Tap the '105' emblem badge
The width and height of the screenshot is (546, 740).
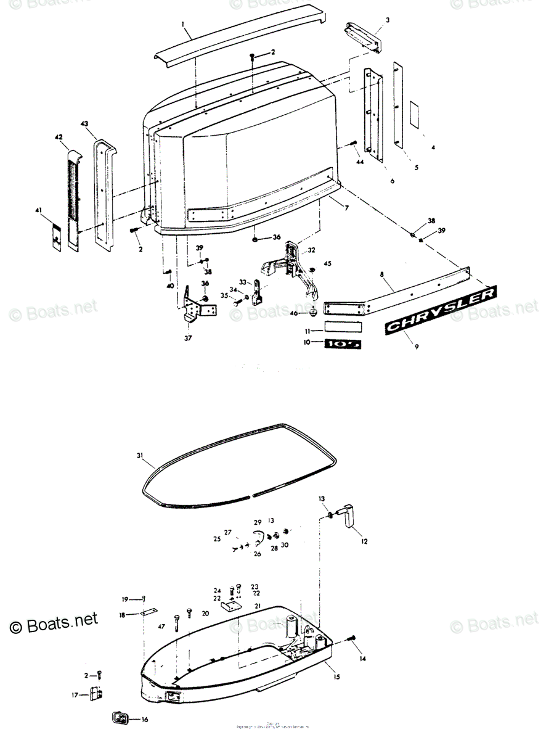(x=343, y=342)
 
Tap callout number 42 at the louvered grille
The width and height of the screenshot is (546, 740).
(x=59, y=136)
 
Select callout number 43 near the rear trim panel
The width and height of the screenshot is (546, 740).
(x=84, y=124)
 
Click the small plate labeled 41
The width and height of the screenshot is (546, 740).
(x=55, y=236)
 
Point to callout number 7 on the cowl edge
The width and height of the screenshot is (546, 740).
(x=347, y=208)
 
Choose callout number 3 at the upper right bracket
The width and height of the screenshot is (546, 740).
(x=388, y=20)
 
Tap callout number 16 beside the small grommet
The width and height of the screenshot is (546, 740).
(x=145, y=719)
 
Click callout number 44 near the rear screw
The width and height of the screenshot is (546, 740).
(x=359, y=162)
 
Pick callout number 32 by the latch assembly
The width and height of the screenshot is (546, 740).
(x=311, y=250)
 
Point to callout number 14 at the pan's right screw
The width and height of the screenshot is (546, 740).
(x=363, y=659)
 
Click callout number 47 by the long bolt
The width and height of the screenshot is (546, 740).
(x=161, y=626)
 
